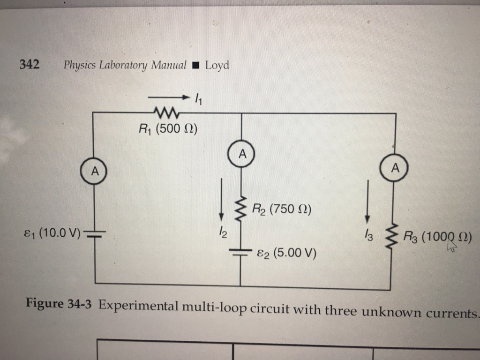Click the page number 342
coord(29,65)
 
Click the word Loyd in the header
coord(217,65)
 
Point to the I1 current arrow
coord(168,98)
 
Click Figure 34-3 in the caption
coord(60,304)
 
